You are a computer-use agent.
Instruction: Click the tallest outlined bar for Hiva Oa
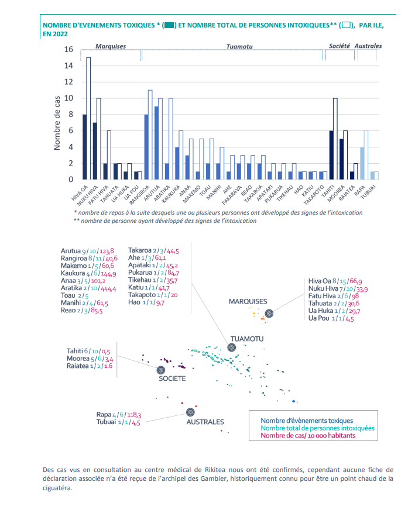pyautogui.click(x=88, y=118)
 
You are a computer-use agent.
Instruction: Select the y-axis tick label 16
pyautogui.click(x=68, y=49)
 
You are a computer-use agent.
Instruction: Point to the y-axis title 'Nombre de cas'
pyautogui.click(x=57, y=123)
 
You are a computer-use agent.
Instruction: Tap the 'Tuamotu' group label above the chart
pyautogui.click(x=239, y=46)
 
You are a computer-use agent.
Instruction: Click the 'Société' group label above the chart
pyautogui.click(x=339, y=46)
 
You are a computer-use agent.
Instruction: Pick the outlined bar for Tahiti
pyautogui.click(x=335, y=139)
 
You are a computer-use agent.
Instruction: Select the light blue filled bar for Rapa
pyautogui.click(x=362, y=163)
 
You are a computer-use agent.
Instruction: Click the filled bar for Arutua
pyautogui.click(x=156, y=143)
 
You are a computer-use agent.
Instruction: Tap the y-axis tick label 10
pyautogui.click(x=68, y=98)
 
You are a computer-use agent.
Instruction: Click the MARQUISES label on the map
pyautogui.click(x=248, y=301)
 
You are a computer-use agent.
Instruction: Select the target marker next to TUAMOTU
pyautogui.click(x=232, y=347)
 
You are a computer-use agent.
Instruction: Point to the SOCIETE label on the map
pyautogui.click(x=172, y=378)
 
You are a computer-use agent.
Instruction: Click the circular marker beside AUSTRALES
pyautogui.click(x=190, y=412)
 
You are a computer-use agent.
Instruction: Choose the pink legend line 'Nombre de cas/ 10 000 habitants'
pyautogui.click(x=308, y=435)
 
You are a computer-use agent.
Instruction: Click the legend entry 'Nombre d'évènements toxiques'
pyautogui.click(x=307, y=421)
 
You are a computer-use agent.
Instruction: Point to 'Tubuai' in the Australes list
pyautogui.click(x=106, y=422)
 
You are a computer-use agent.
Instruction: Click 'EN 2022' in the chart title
pyautogui.click(x=55, y=34)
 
